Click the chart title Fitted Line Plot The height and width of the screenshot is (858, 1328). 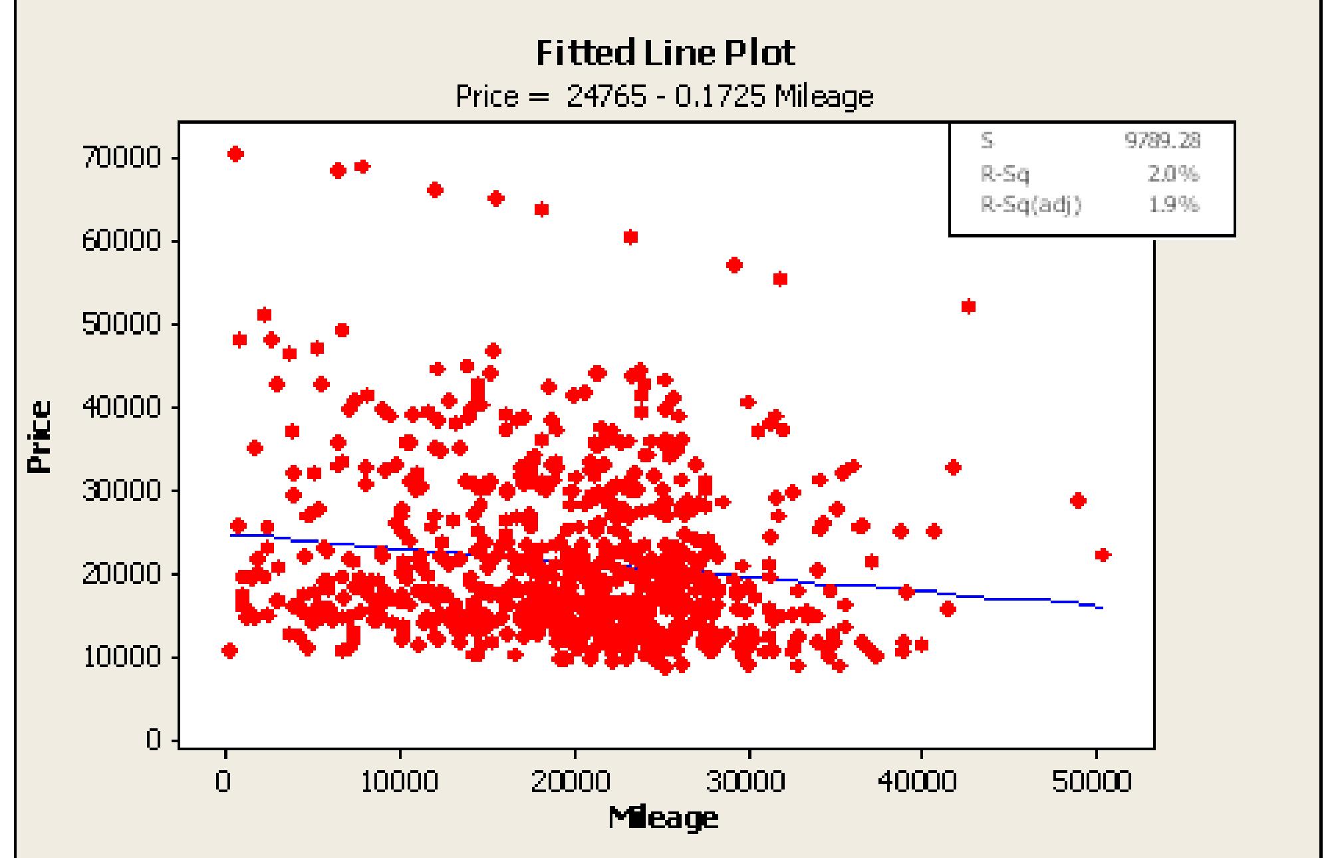click(x=665, y=53)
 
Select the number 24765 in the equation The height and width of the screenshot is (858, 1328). click(x=606, y=97)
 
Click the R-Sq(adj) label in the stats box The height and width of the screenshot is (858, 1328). click(x=1031, y=205)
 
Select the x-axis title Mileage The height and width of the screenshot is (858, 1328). click(x=663, y=817)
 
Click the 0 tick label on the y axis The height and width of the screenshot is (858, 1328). click(x=154, y=740)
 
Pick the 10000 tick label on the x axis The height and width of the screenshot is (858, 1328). click(x=400, y=782)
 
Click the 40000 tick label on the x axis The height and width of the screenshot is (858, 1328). click(x=921, y=782)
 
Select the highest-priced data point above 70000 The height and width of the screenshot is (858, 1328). click(x=235, y=154)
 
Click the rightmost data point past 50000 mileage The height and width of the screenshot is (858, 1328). click(x=1102, y=555)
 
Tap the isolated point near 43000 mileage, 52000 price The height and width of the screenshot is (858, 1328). click(x=968, y=307)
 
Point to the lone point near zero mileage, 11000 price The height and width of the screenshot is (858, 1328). click(x=229, y=650)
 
